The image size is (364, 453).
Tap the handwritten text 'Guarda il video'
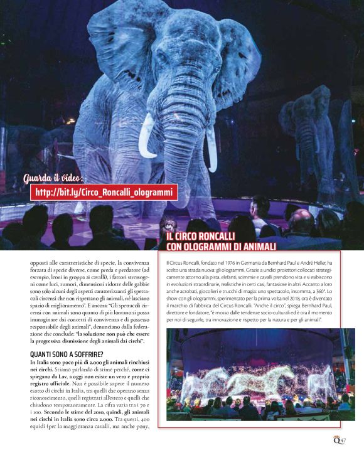(55, 178)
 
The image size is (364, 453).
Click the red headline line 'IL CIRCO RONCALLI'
(201, 237)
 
